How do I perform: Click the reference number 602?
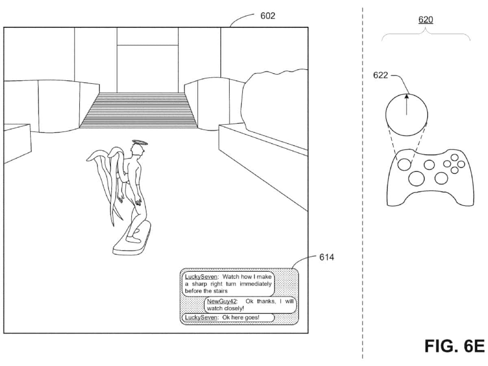pyautogui.click(x=268, y=16)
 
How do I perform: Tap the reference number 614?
pyautogui.click(x=327, y=257)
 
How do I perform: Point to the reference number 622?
pyautogui.click(x=380, y=75)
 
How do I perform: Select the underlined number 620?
pyautogui.click(x=425, y=20)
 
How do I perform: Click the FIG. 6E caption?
pyautogui.click(x=454, y=346)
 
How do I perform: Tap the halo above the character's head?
pyautogui.click(x=140, y=142)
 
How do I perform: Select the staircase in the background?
pyautogui.click(x=139, y=110)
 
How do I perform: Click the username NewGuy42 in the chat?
pyautogui.click(x=222, y=301)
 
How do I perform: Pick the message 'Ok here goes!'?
pyautogui.click(x=241, y=317)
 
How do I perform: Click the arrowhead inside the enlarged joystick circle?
pyautogui.click(x=407, y=96)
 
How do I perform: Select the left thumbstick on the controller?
pyautogui.click(x=404, y=165)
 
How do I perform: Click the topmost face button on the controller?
pyautogui.click(x=454, y=158)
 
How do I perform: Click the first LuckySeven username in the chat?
pyautogui.click(x=201, y=277)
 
